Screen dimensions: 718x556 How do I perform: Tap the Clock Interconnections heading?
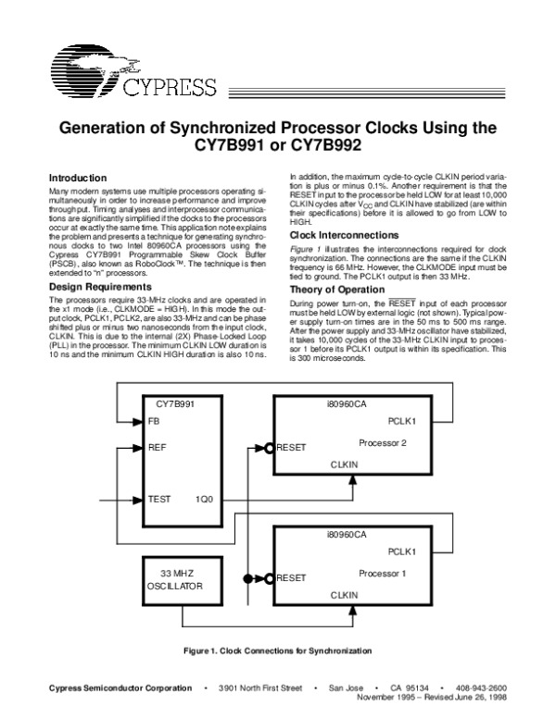tap(345, 236)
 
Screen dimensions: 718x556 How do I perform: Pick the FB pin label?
tap(153, 420)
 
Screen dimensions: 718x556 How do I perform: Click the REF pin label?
tap(157, 446)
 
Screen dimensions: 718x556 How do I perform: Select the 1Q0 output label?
tap(204, 499)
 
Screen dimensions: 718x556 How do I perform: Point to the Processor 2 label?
tap(385, 442)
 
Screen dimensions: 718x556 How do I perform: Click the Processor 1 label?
tap(385, 574)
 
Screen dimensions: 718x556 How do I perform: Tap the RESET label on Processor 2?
tap(291, 448)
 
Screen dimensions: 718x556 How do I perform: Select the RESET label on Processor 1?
tap(291, 578)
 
